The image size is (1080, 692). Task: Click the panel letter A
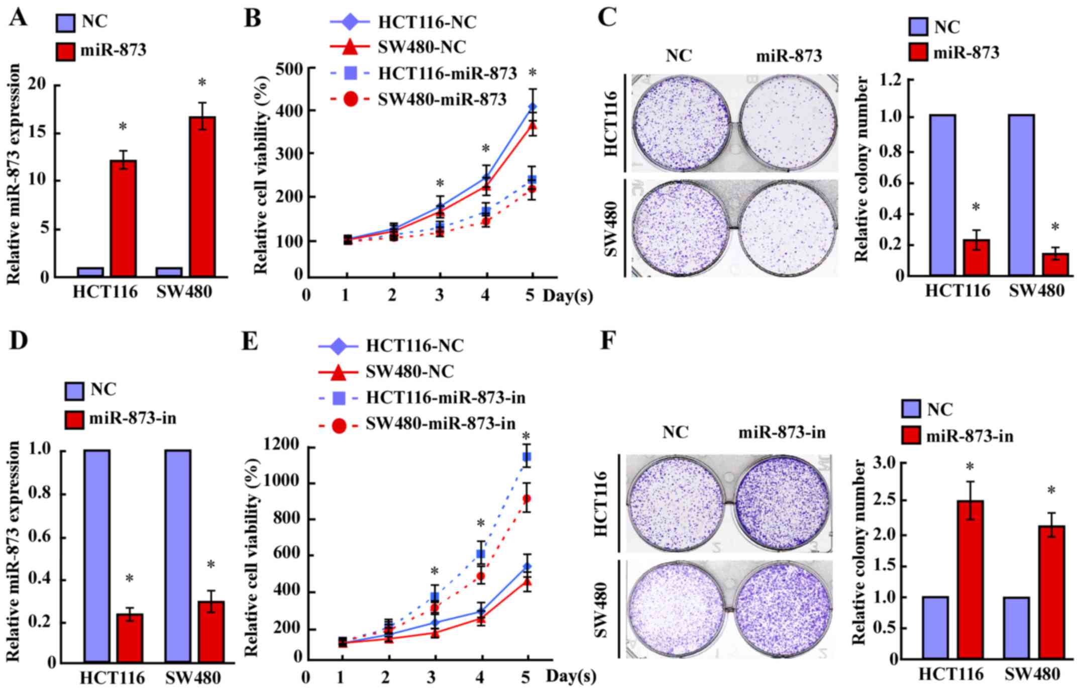pos(19,18)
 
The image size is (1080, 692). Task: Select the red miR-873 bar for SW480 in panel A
pos(202,196)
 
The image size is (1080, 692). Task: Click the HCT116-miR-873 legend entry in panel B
pos(447,73)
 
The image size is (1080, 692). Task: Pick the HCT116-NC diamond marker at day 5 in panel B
pos(532,107)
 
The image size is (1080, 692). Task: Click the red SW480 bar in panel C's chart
pos(1055,264)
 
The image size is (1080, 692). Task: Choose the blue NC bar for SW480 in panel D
pos(178,555)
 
